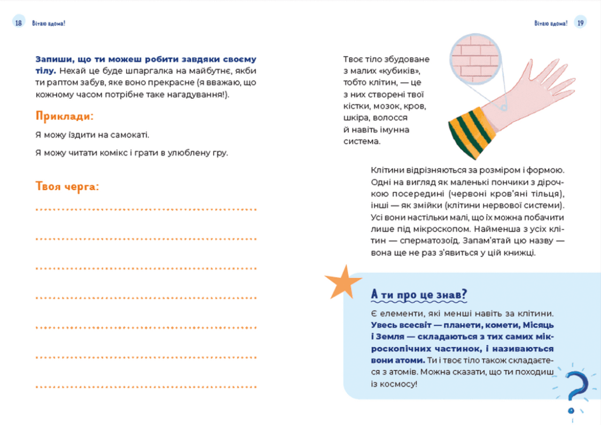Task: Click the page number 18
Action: [x=19, y=23]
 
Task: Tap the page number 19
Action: [x=581, y=23]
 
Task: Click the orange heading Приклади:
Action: [x=65, y=116]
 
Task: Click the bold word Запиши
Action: [x=53, y=59]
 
